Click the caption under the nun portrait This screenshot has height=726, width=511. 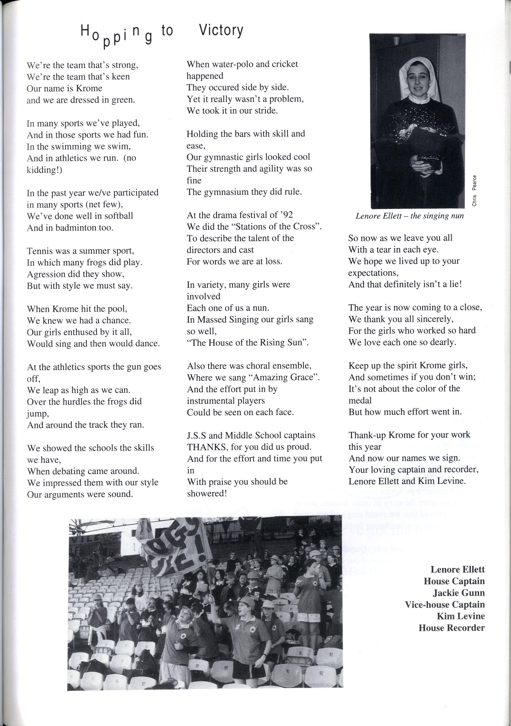point(410,216)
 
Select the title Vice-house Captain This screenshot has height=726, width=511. point(444,605)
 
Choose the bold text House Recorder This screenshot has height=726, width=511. point(452,628)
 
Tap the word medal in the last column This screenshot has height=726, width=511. point(360,401)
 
